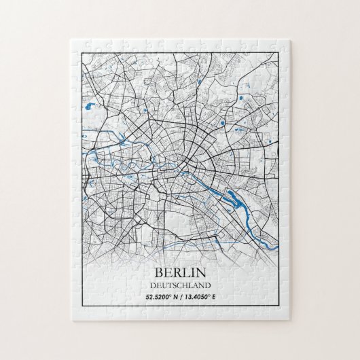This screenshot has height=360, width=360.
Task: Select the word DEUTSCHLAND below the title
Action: click(x=179, y=285)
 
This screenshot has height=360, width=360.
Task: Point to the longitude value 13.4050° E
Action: click(x=204, y=296)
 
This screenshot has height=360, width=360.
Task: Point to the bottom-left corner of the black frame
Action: click(x=80, y=308)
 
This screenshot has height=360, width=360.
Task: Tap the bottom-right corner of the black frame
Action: click(x=280, y=308)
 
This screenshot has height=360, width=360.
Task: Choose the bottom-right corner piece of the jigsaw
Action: click(x=282, y=310)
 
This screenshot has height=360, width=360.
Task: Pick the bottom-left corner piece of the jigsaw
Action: click(x=77, y=310)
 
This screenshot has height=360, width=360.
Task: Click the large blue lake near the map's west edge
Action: click(x=90, y=107)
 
